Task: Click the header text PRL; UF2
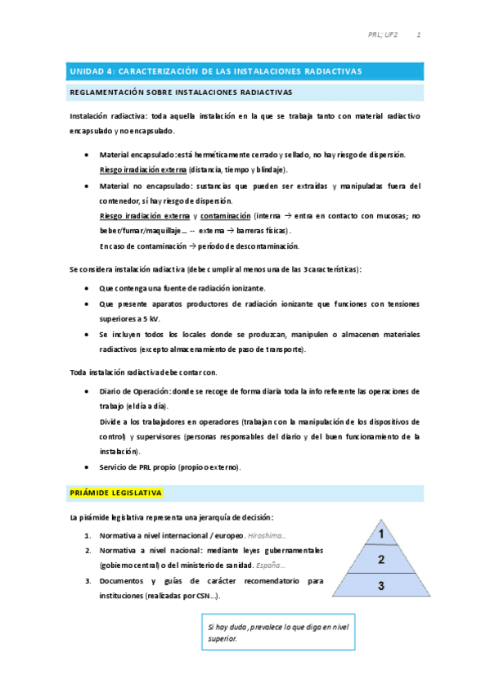383,36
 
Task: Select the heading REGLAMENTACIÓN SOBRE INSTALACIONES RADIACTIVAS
181,92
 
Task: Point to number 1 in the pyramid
381,534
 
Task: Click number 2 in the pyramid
381,560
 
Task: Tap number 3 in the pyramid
381,586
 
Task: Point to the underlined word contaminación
225,216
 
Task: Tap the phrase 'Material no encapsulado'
140,186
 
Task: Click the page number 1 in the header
419,36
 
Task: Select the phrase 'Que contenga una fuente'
146,289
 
